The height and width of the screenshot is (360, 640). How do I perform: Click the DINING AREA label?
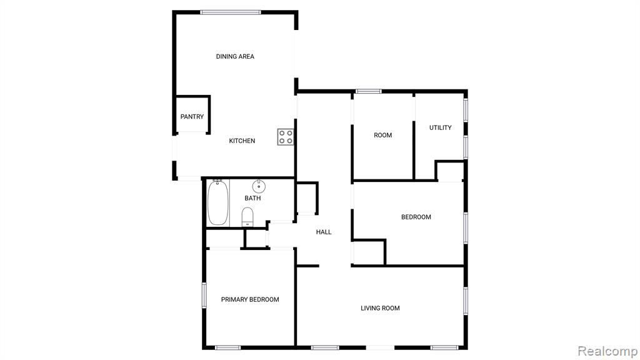tap(235, 56)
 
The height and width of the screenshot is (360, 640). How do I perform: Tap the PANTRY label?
tap(192, 116)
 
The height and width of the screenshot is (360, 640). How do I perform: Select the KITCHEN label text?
tap(242, 141)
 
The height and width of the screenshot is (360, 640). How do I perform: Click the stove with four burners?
tap(286, 137)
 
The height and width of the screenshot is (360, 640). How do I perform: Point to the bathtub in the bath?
tap(217, 203)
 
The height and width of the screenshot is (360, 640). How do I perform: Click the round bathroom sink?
tap(259, 186)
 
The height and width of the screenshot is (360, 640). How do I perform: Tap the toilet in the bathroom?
tap(247, 217)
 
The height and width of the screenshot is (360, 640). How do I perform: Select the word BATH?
tap(252, 198)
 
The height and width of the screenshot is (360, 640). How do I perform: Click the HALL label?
tap(324, 232)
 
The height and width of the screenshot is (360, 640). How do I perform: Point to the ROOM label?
tap(383, 135)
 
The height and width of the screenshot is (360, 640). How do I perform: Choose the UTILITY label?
tap(441, 127)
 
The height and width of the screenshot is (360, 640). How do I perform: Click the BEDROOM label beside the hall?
tap(416, 217)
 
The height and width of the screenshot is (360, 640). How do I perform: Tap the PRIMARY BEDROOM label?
tap(250, 299)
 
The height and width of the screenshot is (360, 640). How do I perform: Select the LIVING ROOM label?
tap(380, 308)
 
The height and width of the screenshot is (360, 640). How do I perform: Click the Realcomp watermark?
tap(607, 351)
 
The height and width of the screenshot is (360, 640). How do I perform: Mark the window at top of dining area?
tap(231, 12)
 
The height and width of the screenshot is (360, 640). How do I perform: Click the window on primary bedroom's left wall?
tap(204, 295)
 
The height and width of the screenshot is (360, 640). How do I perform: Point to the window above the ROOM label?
tap(368, 91)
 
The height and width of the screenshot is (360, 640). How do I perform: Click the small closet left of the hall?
tap(306, 198)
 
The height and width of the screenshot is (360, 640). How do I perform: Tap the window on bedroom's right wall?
tap(465, 227)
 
